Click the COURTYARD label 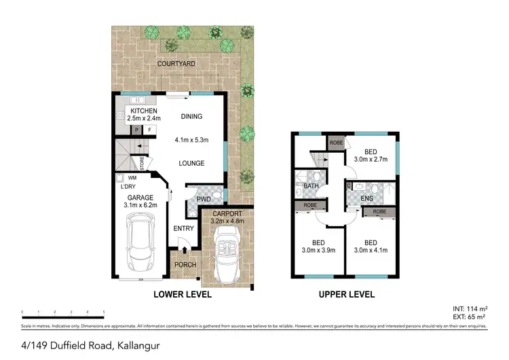[176, 64]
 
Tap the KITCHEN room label [144, 111]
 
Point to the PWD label [203, 198]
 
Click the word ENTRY [183, 228]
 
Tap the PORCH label [186, 265]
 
